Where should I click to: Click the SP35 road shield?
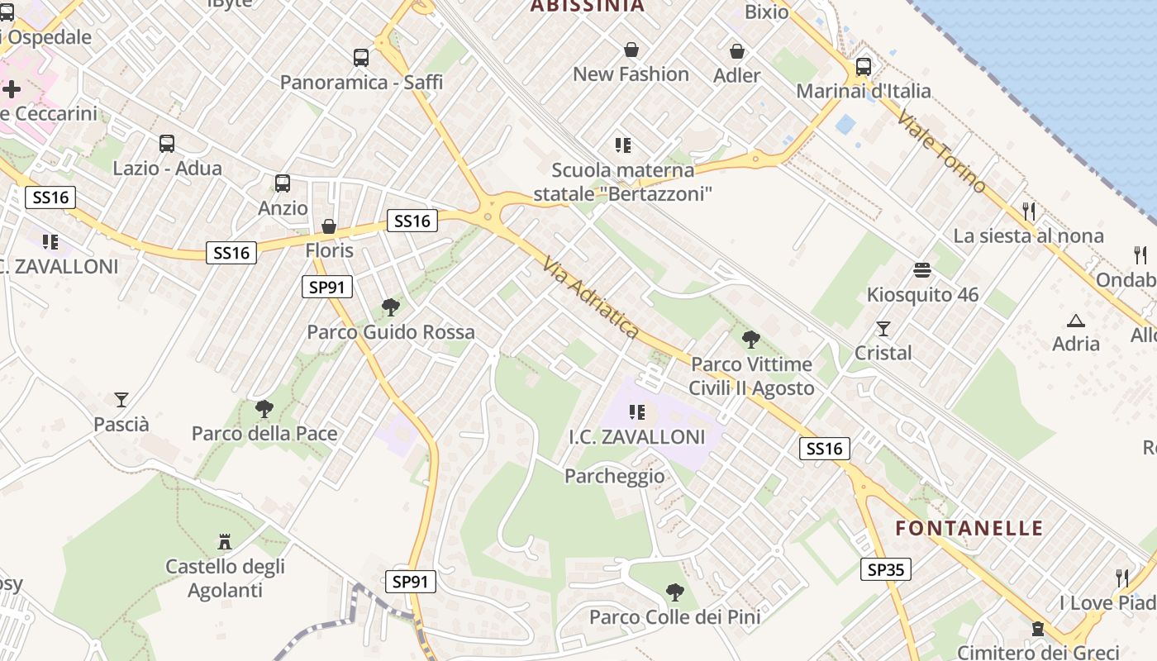pyautogui.click(x=885, y=568)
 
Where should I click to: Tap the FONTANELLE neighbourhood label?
pyautogui.click(x=969, y=528)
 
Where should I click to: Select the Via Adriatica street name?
pyautogui.click(x=591, y=297)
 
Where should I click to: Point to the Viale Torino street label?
pyautogui.click(x=941, y=151)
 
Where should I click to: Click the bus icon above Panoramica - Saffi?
pyautogui.click(x=361, y=57)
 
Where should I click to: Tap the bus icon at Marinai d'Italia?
pyautogui.click(x=864, y=66)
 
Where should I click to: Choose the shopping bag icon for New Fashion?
pyautogui.click(x=631, y=50)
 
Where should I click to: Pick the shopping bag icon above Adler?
pyautogui.click(x=737, y=51)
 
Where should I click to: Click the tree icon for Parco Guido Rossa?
pyautogui.click(x=391, y=308)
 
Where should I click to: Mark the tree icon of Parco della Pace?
pyautogui.click(x=264, y=409)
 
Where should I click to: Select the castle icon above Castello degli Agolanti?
pyautogui.click(x=224, y=542)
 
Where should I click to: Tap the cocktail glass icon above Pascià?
pyautogui.click(x=121, y=400)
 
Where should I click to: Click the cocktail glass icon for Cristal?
pyautogui.click(x=883, y=329)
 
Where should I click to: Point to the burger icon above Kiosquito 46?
pyautogui.click(x=922, y=270)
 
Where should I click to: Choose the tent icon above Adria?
pyautogui.click(x=1076, y=320)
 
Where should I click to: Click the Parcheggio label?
pyautogui.click(x=614, y=476)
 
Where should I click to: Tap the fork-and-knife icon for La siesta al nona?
pyautogui.click(x=1029, y=211)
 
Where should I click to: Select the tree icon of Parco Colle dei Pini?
pyautogui.click(x=675, y=592)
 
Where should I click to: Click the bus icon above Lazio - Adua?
pyautogui.click(x=167, y=144)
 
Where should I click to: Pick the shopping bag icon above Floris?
pyautogui.click(x=329, y=226)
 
